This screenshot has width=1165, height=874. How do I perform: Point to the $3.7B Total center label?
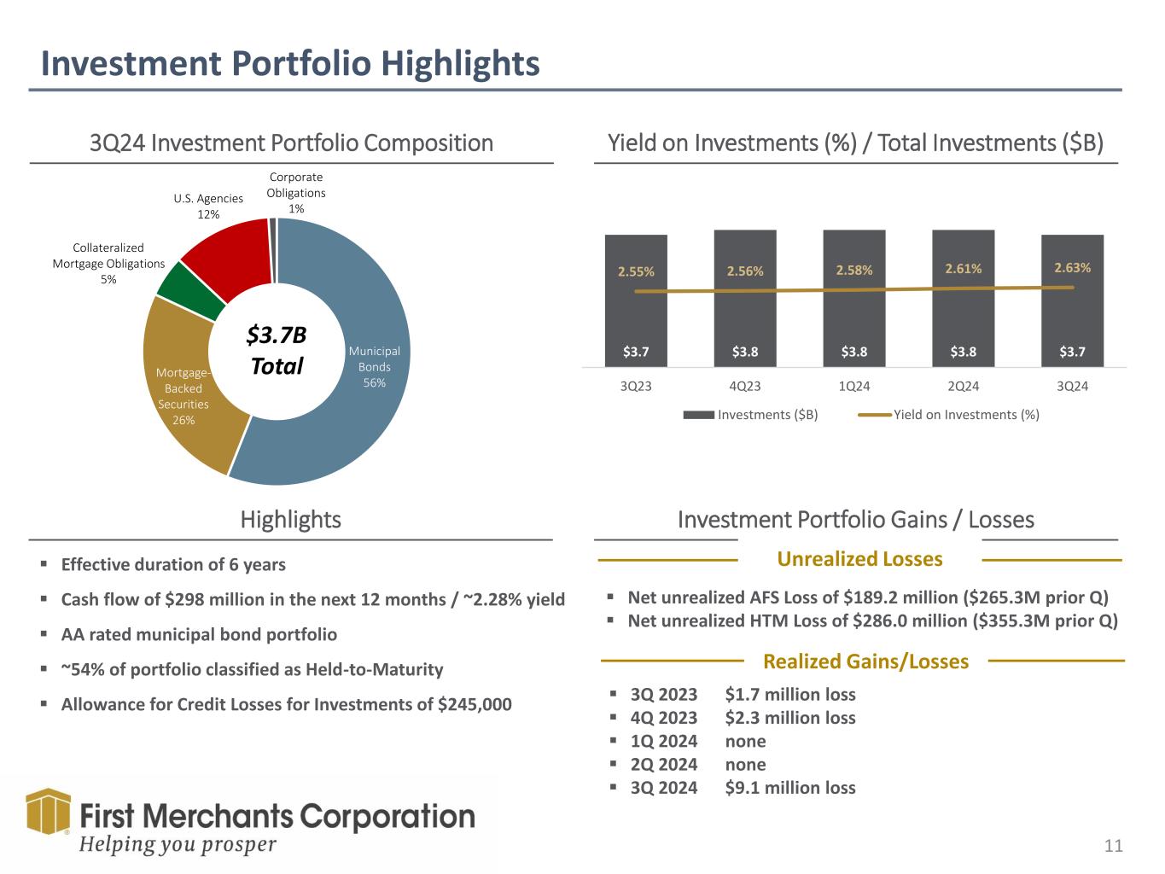click(276, 351)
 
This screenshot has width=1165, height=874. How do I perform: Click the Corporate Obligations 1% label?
click(295, 193)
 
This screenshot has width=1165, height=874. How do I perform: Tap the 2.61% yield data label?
click(963, 269)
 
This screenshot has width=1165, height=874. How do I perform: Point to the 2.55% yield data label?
click(636, 272)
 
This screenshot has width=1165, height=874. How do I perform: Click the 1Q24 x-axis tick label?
click(854, 387)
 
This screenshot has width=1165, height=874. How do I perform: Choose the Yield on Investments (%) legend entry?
click(949, 415)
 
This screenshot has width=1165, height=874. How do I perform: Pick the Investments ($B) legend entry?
click(751, 415)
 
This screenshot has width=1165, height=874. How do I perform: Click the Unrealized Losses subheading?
click(859, 559)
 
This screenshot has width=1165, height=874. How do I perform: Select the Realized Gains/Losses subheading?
click(865, 661)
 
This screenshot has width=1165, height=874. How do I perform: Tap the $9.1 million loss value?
click(789, 788)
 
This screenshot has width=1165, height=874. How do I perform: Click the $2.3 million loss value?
click(789, 718)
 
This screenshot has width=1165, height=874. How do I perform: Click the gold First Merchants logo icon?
click(48, 812)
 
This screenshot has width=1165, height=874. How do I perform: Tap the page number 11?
click(1113, 846)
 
